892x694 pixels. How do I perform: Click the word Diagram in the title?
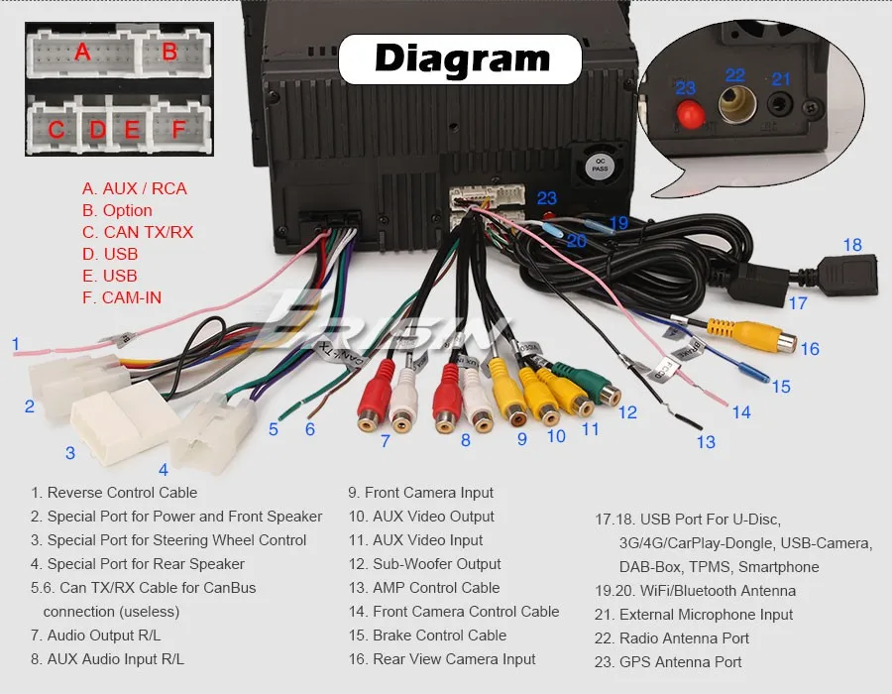click(x=461, y=59)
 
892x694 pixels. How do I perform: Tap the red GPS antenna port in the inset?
click(x=685, y=114)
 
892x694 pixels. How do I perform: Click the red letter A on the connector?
click(x=82, y=52)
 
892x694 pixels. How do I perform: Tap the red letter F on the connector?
click(x=178, y=129)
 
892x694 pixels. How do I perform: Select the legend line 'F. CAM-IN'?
click(x=122, y=297)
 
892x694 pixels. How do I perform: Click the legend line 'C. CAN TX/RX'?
click(x=138, y=232)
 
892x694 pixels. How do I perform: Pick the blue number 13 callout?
click(x=706, y=442)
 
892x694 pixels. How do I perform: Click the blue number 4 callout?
click(x=164, y=469)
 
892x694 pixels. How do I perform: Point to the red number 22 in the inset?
click(x=734, y=75)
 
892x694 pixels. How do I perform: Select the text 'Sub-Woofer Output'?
click(x=436, y=564)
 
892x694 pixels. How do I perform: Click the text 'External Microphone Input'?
click(x=706, y=615)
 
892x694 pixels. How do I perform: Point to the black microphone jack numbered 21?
click(x=784, y=105)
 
